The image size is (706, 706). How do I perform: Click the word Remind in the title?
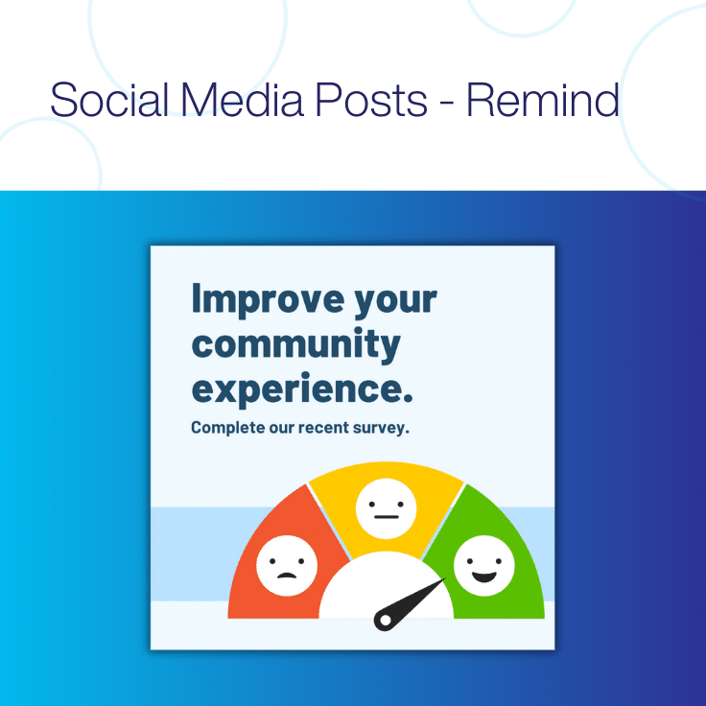point(543,101)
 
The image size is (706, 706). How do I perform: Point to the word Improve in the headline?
point(252,299)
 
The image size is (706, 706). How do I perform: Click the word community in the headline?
point(295,343)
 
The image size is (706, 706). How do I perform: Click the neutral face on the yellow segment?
point(386,509)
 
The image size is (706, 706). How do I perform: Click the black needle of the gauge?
point(411,601)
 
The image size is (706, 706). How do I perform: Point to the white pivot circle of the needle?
point(385,621)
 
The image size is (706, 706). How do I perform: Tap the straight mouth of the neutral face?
point(386,519)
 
